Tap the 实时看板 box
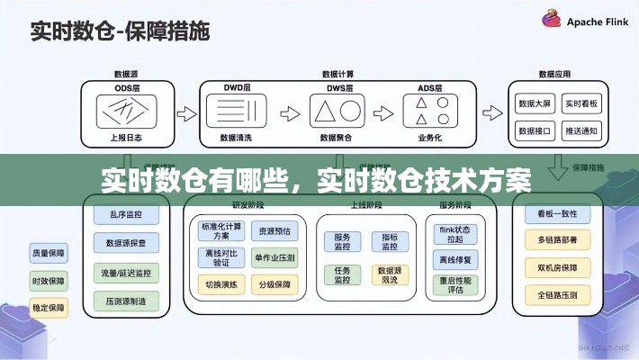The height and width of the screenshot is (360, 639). (x=580, y=104)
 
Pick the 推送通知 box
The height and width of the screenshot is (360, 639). (x=580, y=131)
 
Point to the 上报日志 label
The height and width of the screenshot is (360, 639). (x=125, y=139)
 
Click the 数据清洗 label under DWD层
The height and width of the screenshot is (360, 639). (x=236, y=139)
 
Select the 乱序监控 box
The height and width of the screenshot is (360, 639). (x=125, y=215)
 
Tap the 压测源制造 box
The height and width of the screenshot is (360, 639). (x=125, y=300)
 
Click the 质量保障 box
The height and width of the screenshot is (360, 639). (x=47, y=252)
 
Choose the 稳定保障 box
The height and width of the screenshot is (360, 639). (x=47, y=307)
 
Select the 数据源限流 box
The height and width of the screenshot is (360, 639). (x=389, y=275)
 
